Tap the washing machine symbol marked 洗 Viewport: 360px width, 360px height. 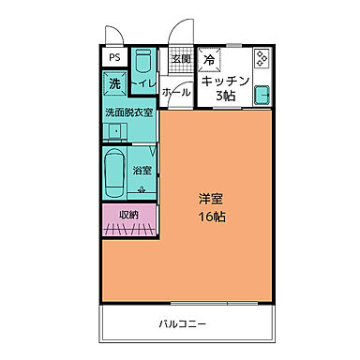[x=114, y=84]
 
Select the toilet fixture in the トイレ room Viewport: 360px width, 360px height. [x=142, y=64]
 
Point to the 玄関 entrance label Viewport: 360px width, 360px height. [x=180, y=60]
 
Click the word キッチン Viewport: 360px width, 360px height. [x=226, y=81]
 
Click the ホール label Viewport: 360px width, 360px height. [x=175, y=94]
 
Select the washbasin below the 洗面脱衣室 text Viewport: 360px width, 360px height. [x=117, y=130]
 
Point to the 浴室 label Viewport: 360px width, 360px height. [x=142, y=171]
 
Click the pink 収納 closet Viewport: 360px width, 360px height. [x=129, y=216]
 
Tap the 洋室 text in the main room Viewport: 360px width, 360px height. [x=210, y=199]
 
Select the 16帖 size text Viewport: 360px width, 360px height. [x=210, y=217]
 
